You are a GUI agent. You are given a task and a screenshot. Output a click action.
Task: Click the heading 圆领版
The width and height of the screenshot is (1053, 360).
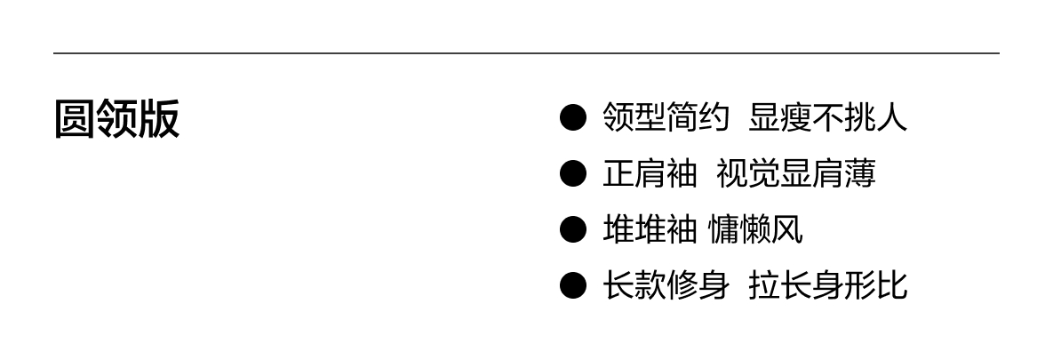(116, 119)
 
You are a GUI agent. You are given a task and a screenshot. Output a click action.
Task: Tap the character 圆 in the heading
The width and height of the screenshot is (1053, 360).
(75, 119)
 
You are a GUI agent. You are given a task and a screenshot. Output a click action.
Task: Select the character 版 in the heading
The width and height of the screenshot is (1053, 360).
(159, 119)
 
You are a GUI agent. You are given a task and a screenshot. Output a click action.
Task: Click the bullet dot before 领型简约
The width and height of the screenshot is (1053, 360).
(573, 117)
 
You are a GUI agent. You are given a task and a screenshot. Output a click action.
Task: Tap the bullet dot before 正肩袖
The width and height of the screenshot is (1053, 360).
(573, 173)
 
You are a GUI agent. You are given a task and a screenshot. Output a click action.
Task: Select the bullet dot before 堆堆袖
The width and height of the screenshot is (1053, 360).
(573, 229)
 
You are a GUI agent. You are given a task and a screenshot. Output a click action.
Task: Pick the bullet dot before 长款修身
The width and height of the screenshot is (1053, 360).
(573, 285)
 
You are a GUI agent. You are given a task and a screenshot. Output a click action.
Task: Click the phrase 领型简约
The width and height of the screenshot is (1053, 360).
(666, 117)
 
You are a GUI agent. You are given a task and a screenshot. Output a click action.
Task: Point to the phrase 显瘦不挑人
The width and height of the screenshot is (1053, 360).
(827, 117)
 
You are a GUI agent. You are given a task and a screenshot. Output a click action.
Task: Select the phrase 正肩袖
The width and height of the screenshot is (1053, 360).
(650, 173)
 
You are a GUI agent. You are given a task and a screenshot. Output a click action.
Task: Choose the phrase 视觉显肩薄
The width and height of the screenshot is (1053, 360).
(795, 173)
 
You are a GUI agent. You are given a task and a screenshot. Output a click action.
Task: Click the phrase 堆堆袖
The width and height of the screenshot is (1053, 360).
(650, 229)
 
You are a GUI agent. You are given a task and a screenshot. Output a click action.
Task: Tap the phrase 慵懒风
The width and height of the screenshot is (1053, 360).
(755, 229)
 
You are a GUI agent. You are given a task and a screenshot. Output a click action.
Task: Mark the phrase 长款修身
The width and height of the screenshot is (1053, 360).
(666, 285)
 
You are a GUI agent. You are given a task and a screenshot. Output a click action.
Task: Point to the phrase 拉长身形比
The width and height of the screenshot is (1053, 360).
(827, 285)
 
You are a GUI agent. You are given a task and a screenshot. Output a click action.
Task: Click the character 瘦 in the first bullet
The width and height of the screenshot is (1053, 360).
(795, 117)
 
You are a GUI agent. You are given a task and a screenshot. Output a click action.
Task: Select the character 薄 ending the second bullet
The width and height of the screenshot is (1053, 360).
(859, 173)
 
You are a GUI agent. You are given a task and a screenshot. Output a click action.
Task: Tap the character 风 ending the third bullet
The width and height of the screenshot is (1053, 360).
(787, 229)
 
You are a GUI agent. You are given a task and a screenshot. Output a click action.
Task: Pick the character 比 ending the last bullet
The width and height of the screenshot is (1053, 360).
(891, 285)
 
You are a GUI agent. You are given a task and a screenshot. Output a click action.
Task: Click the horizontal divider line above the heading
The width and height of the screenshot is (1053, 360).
(526, 53)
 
